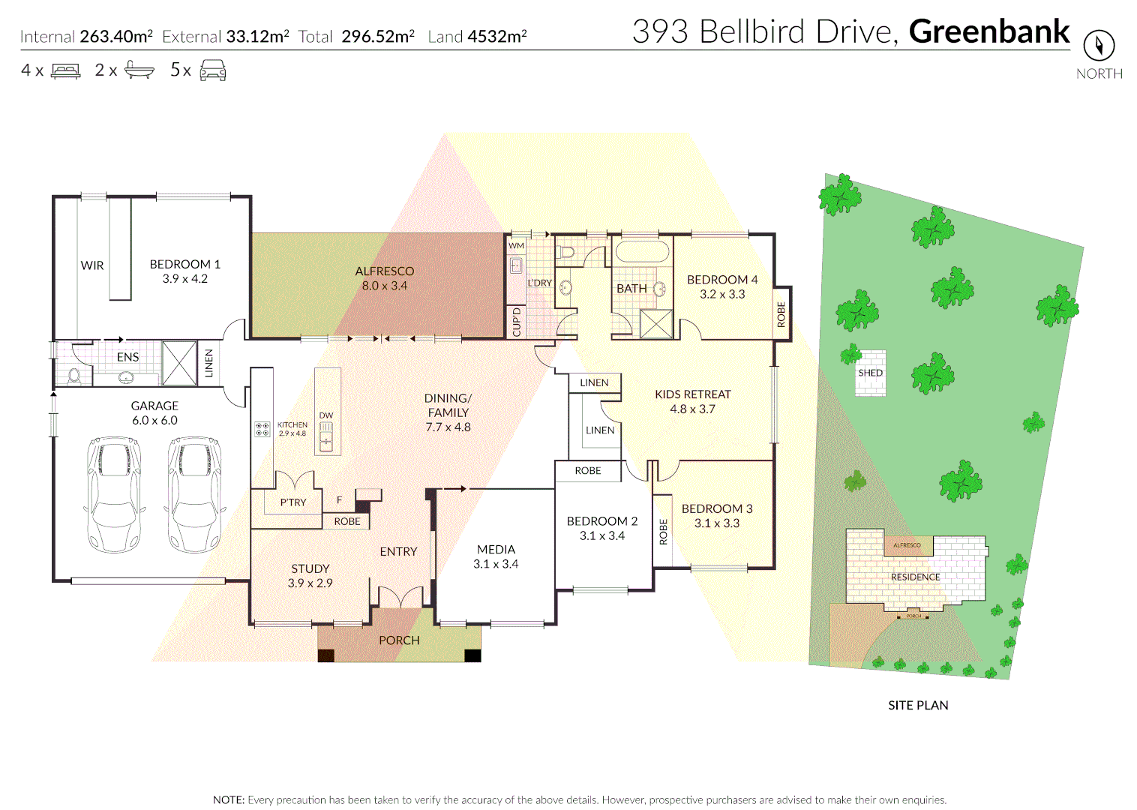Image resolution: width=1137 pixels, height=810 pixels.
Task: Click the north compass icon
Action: [x=1099, y=46]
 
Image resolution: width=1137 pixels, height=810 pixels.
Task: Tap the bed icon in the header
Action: [x=66, y=71]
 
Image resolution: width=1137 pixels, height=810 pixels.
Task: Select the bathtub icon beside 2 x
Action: [x=139, y=70]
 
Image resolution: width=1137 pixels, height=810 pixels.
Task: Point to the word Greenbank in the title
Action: [x=989, y=31]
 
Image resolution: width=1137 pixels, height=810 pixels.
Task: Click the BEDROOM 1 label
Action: [x=184, y=265]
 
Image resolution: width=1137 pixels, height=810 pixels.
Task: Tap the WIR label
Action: [x=92, y=265]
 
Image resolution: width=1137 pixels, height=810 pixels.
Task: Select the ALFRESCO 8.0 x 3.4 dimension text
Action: [x=384, y=286]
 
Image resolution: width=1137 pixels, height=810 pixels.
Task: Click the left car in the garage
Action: [x=114, y=494]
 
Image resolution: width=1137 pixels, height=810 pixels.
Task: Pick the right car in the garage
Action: [x=194, y=494]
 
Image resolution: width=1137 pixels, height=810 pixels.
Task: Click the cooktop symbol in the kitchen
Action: [x=262, y=429]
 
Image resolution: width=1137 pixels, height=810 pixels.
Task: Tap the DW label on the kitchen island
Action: [x=325, y=415]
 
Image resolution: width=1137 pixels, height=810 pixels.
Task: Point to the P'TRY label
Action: [x=292, y=502]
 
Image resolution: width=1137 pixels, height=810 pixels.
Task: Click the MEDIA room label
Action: [x=496, y=550]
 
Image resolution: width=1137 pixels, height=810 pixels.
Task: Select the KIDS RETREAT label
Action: [x=692, y=394]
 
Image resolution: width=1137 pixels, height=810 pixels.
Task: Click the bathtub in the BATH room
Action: [x=641, y=252]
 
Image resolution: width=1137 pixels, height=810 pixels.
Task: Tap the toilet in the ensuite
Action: [x=74, y=375]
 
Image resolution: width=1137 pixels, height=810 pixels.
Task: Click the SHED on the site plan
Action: [x=871, y=373]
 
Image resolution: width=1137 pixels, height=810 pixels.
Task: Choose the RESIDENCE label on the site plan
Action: [x=915, y=577]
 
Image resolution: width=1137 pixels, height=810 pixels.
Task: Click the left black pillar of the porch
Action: [x=325, y=655]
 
